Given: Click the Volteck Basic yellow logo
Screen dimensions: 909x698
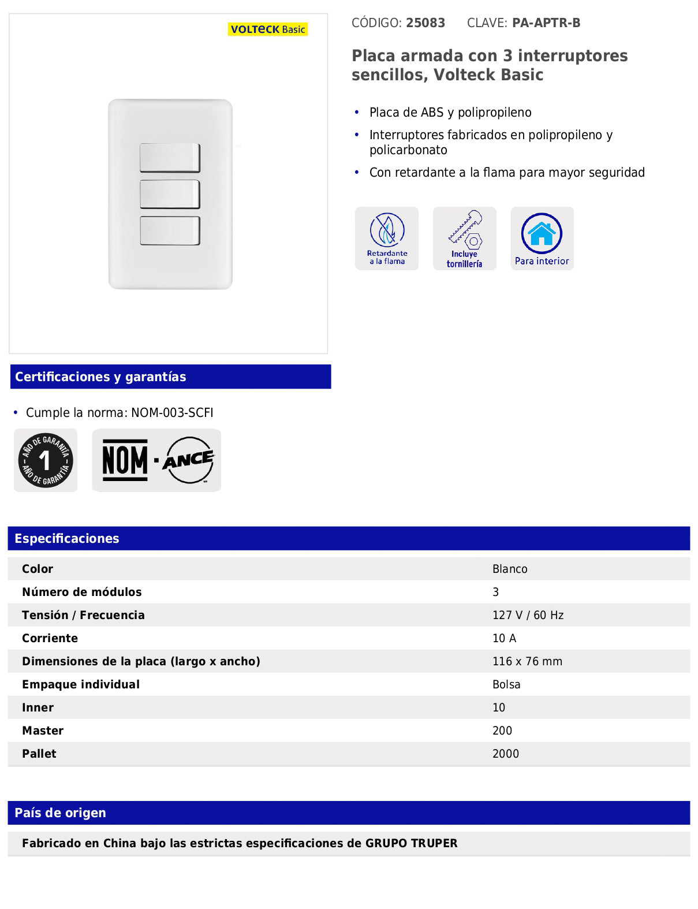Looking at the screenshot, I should click(x=267, y=29).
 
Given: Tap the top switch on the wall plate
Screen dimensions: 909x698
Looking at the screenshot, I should click(x=170, y=158).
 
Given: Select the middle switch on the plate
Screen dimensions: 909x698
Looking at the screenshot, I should click(x=170, y=194).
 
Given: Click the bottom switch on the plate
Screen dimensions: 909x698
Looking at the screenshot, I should click(x=170, y=230).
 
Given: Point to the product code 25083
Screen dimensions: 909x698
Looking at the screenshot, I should click(x=425, y=23).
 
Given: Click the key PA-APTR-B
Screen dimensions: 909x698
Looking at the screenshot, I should click(x=546, y=23).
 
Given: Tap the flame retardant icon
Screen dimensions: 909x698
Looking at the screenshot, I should click(x=387, y=238).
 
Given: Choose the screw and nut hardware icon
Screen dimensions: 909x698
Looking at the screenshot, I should click(x=465, y=238).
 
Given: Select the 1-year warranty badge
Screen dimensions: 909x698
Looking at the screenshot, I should click(x=46, y=460).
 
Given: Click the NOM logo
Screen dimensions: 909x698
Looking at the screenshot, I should click(x=125, y=460).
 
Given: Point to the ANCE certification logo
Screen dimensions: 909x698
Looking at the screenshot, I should click(x=188, y=460).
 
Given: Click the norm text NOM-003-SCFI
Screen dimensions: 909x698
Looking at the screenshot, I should click(x=172, y=413).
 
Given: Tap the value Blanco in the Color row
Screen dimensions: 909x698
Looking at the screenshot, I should click(x=510, y=569).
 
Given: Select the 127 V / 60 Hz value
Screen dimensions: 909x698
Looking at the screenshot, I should click(x=528, y=616).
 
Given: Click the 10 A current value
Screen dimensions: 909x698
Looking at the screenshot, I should click(x=504, y=639).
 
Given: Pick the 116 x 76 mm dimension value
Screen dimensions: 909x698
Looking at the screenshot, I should click(x=527, y=662).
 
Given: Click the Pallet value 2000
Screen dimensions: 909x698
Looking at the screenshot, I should click(x=505, y=754).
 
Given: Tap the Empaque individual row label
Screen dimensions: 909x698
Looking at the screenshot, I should click(x=81, y=685).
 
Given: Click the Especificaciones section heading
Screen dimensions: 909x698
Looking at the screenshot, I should click(x=67, y=539).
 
